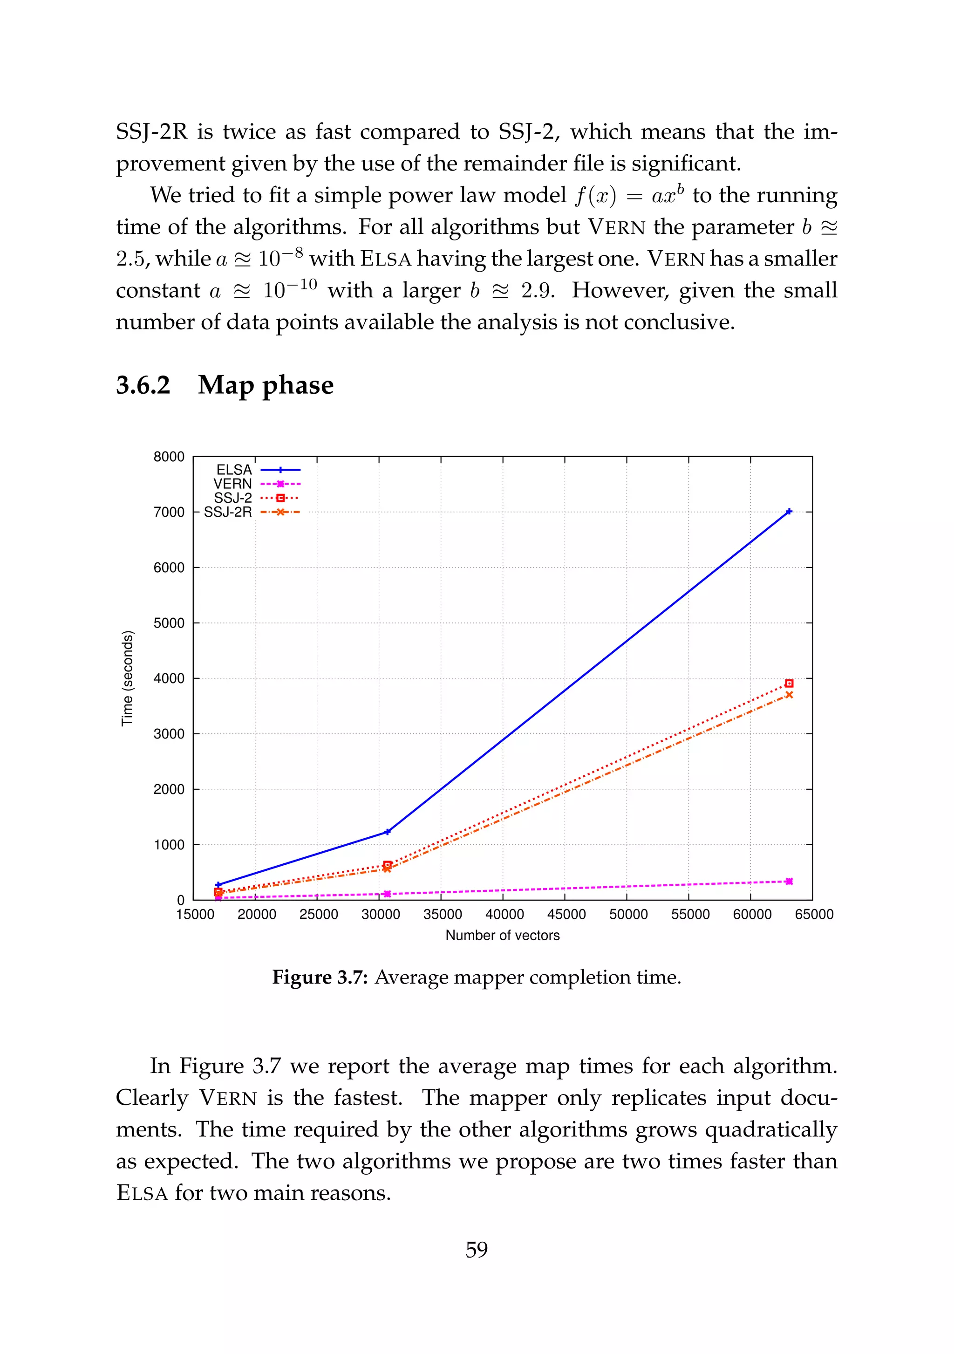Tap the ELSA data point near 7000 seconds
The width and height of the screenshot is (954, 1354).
pos(789,512)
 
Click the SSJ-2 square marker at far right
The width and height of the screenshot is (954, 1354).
pos(789,684)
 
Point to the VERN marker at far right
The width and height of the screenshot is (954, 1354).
pos(789,881)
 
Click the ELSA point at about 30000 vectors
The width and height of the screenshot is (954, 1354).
pos(387,832)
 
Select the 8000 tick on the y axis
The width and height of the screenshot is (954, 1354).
pos(169,457)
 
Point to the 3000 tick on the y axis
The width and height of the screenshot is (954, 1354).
pos(169,734)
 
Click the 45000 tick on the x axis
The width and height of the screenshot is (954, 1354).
pos(566,914)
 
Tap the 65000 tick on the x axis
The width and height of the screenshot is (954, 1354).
pos(814,914)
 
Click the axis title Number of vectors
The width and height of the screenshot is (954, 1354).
pos(502,935)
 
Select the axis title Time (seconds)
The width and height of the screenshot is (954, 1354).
pos(127,678)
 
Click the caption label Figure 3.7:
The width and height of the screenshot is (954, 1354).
pos(320,978)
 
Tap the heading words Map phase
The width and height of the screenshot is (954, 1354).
pos(266,385)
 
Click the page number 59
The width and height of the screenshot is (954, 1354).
pos(477,1249)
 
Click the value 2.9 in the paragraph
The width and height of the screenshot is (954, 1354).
pos(537,290)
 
